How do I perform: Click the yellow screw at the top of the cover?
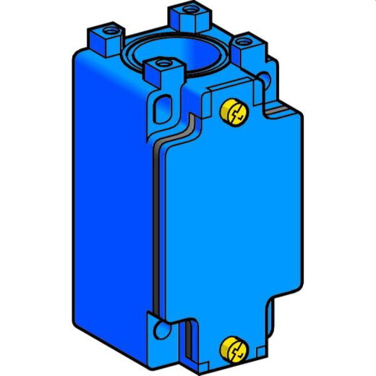tap(234, 111)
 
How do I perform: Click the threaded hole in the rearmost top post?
tap(190, 9)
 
